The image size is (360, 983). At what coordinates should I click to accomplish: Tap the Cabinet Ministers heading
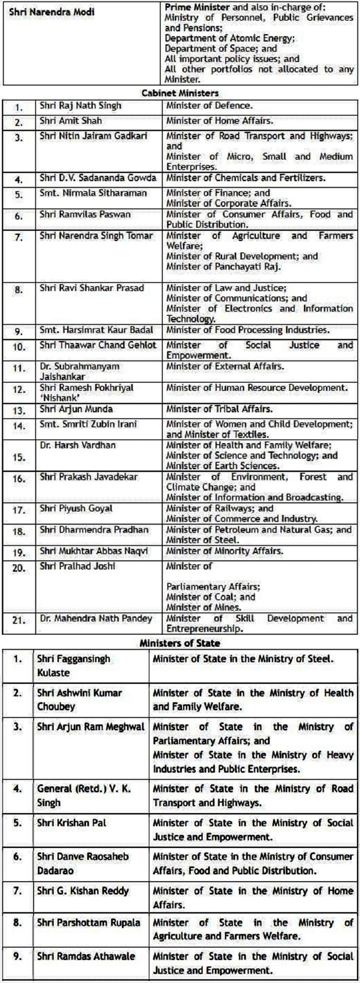(180, 93)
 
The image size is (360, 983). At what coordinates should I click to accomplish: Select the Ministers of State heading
(180, 643)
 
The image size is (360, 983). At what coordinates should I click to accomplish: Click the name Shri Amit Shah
(71, 121)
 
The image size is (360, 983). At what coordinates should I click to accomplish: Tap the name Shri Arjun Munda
(76, 409)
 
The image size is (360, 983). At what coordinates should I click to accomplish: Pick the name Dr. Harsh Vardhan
(78, 445)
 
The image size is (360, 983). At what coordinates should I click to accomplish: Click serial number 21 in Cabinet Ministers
(19, 621)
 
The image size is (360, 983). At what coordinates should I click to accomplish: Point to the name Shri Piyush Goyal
(76, 508)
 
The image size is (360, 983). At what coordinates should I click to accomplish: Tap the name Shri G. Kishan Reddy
(83, 890)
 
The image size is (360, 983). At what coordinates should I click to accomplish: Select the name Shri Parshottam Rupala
(88, 923)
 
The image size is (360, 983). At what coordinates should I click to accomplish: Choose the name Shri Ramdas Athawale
(86, 956)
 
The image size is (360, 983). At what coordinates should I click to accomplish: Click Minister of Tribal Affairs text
(218, 409)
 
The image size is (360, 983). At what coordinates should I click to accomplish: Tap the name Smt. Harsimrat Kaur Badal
(97, 330)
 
